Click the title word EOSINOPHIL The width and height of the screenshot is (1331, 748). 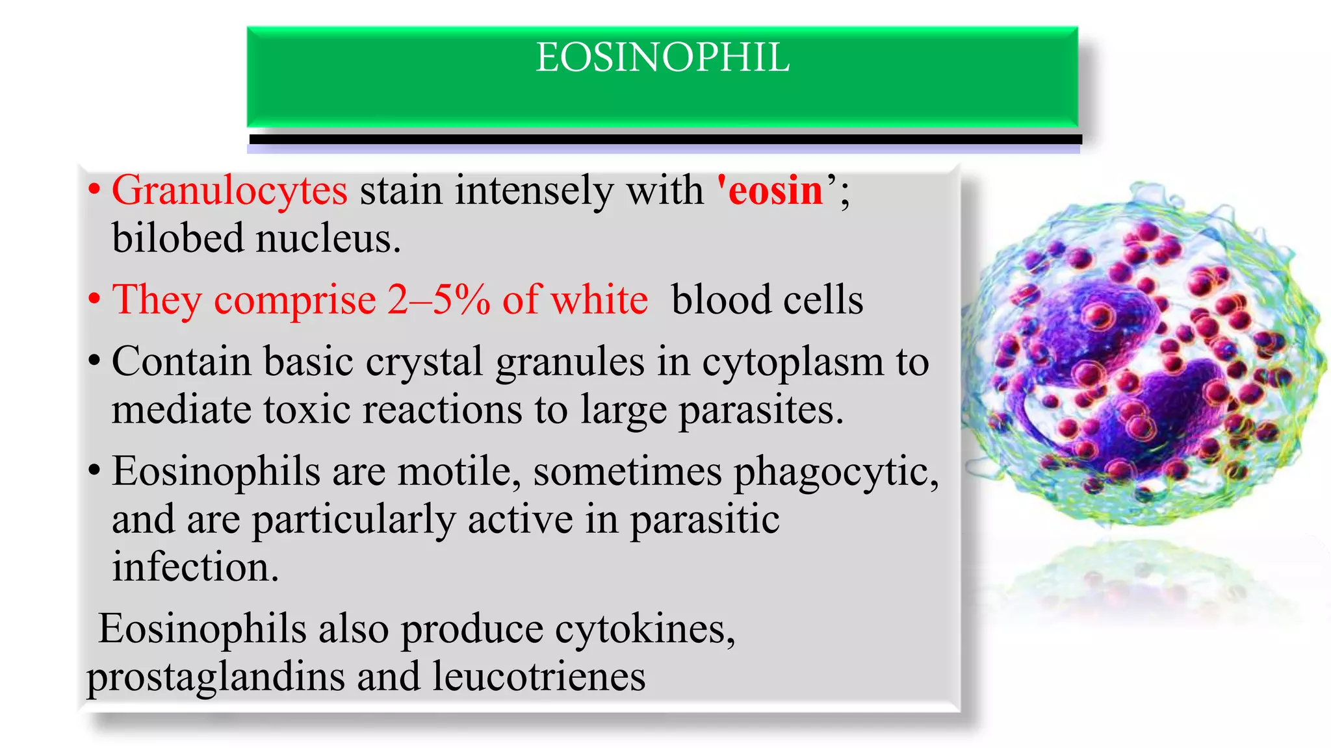tap(662, 58)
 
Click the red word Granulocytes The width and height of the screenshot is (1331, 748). tap(229, 191)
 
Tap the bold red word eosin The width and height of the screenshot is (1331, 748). tap(775, 191)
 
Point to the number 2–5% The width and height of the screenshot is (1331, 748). tap(439, 300)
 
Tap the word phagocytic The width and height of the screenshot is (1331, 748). tap(836, 472)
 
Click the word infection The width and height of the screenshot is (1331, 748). tap(195, 567)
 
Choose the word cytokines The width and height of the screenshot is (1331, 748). tap(644, 629)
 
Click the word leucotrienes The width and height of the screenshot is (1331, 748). tap(539, 677)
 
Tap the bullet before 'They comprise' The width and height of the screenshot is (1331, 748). tap(95, 301)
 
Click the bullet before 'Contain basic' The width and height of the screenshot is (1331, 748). tap(95, 362)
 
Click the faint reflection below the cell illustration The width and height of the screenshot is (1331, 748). tap(1144, 578)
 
